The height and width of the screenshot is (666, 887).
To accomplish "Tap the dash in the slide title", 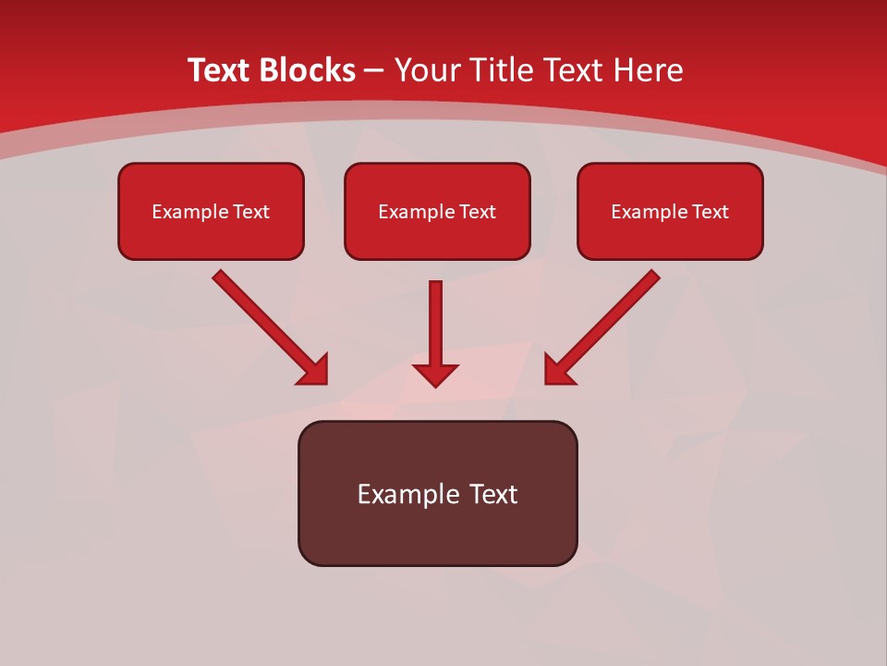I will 374,71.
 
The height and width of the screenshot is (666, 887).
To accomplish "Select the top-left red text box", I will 211,211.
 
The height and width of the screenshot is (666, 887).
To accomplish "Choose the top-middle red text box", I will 437,211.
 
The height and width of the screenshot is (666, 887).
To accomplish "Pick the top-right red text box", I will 670,211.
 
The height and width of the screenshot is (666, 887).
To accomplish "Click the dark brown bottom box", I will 437,493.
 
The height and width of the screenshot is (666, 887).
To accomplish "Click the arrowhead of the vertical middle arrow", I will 435,375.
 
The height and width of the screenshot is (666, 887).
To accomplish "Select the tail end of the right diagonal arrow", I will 654,276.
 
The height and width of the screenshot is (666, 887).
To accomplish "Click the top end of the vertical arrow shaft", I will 435,285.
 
